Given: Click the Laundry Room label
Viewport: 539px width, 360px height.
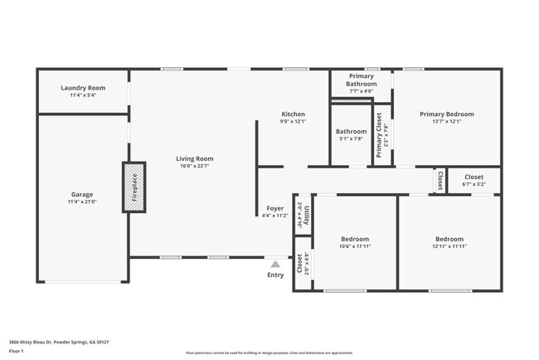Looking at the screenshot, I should tap(83, 88).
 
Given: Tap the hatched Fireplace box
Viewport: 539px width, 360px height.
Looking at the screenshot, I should tap(134, 187).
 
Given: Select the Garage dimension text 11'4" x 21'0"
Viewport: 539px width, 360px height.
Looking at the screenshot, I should tap(82, 202).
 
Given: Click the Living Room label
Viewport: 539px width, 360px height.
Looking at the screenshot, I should tap(194, 158).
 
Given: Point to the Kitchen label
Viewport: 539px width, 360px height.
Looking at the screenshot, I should tap(293, 114).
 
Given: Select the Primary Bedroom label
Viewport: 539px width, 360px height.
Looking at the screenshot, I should tap(446, 114).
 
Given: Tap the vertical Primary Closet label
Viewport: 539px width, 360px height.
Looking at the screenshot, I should tap(380, 135).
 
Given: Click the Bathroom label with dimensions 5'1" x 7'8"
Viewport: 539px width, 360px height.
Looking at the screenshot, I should tap(351, 131).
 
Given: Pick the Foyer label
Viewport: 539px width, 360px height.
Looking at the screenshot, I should tap(274, 208).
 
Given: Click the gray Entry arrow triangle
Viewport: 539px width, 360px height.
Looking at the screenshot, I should tap(275, 264).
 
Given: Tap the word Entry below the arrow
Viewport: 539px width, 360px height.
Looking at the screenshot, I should tap(275, 275).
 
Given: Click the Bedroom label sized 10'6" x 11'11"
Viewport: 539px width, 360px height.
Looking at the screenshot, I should tap(354, 239).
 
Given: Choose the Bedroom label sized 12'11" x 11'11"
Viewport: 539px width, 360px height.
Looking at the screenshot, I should tap(449, 239).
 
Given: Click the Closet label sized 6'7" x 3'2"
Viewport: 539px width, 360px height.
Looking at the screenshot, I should tap(473, 177).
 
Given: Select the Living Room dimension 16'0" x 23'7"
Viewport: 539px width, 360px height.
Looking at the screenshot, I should tap(194, 166).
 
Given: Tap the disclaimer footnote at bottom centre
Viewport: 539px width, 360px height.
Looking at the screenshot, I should tap(269, 353).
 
